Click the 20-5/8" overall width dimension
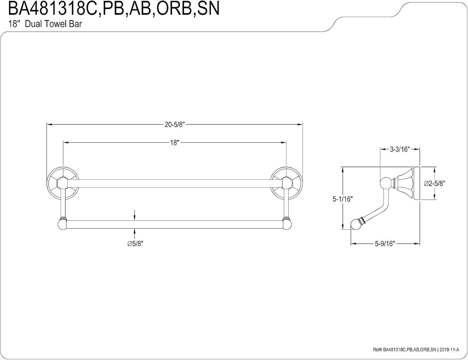(175, 124)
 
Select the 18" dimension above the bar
(175, 143)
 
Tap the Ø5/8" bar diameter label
(135, 244)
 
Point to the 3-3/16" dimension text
(400, 149)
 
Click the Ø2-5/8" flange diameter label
(435, 183)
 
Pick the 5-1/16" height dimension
(343, 199)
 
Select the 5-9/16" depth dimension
(385, 244)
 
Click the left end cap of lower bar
(62, 224)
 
